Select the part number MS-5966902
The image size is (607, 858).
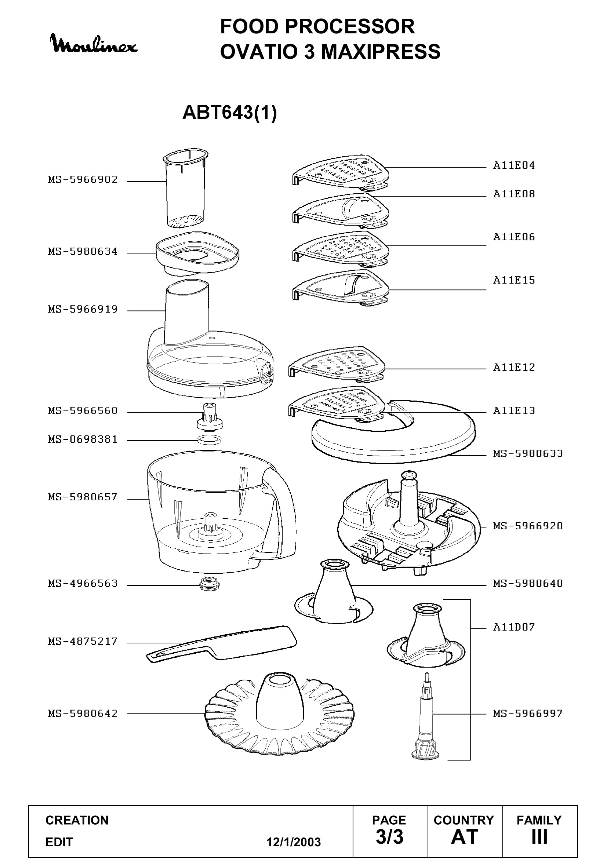83,180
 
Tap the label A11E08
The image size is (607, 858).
514,194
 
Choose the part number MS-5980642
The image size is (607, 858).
83,713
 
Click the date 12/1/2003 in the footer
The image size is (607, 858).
294,842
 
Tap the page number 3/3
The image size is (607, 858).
389,837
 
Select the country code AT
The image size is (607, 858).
465,837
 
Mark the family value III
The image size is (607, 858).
539,837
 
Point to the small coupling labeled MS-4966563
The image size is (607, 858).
209,583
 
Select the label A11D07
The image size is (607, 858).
514,627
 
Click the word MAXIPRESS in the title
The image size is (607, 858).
381,52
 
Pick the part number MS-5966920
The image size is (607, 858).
528,526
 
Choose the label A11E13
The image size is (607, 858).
514,411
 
